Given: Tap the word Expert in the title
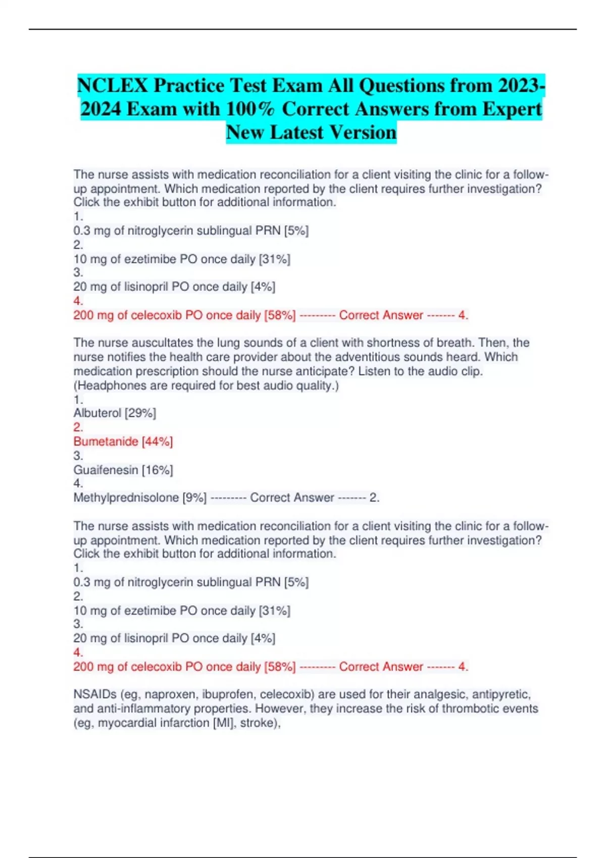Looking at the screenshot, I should point(512,109).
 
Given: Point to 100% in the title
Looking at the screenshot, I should point(251,109).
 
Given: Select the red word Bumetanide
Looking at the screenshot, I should point(106,442).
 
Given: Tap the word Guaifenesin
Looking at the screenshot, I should point(106,470).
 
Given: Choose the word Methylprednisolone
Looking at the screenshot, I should point(126,498).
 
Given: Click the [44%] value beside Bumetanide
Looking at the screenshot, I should point(158,442).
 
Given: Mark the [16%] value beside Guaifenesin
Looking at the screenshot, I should point(158,470).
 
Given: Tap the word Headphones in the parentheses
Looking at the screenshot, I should point(108,386).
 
